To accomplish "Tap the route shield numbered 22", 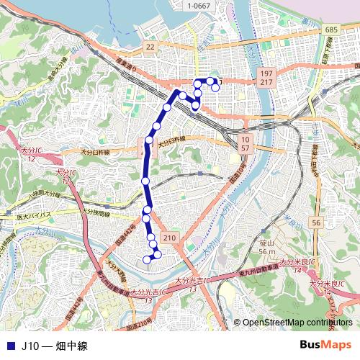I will (150, 46).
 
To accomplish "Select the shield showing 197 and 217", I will (267, 79).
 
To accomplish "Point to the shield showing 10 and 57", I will (245, 142).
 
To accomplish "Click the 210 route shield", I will (169, 238).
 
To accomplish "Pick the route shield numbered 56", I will (316, 224).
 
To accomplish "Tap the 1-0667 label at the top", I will (199, 6).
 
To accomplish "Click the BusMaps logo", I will (325, 346).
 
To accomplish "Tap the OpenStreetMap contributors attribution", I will (297, 322).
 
